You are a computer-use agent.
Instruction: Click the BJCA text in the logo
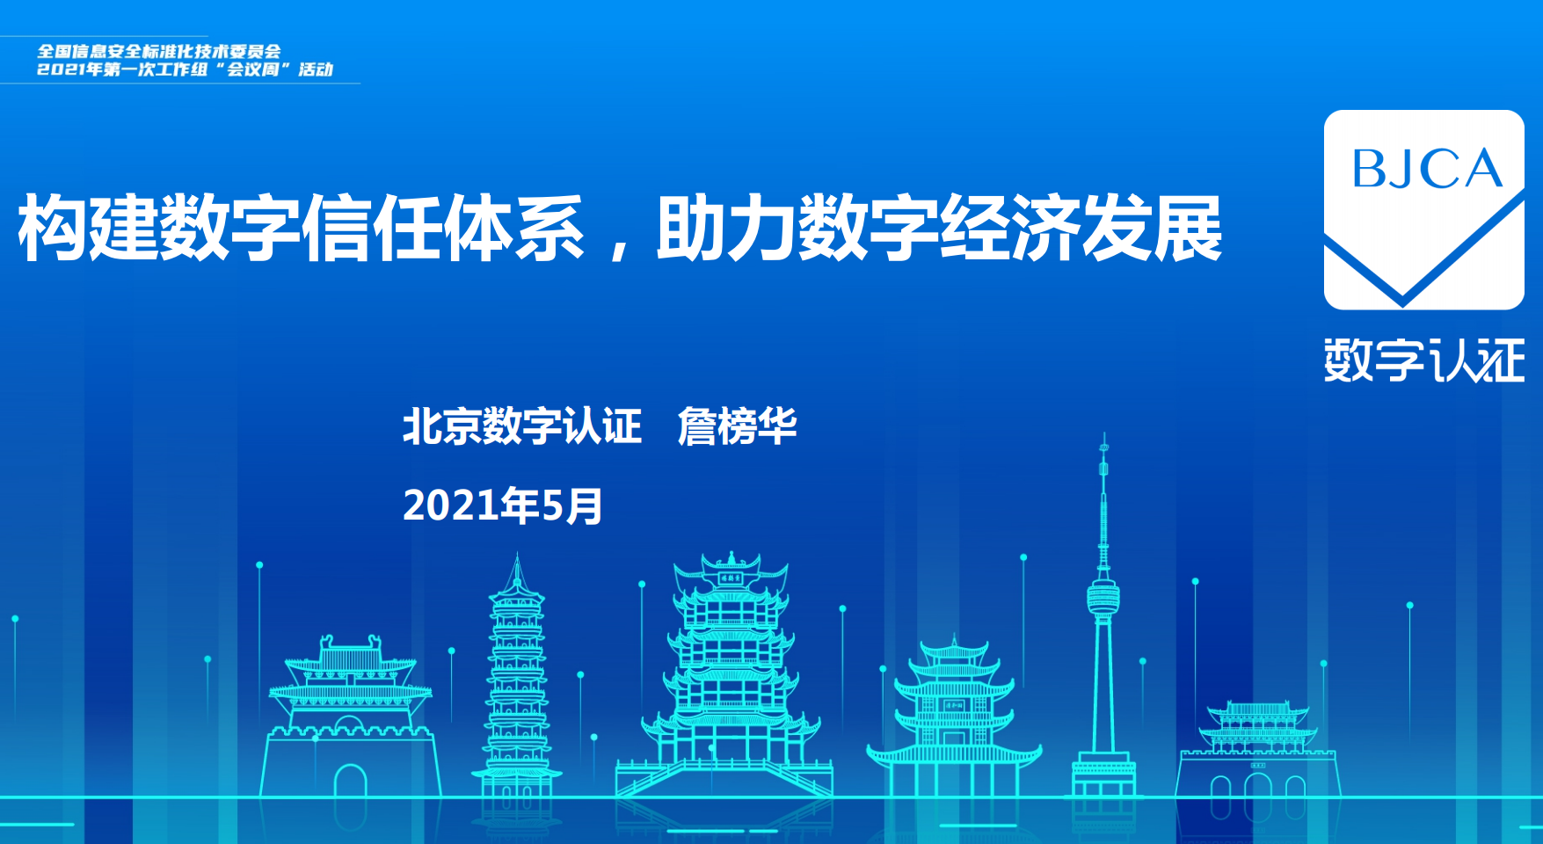tap(1426, 169)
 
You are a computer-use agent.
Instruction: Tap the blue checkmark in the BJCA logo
tap(1424, 264)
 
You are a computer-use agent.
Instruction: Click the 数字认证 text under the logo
tap(1424, 360)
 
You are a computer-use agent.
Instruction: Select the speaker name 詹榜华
tap(737, 426)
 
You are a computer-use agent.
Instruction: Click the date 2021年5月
tap(502, 506)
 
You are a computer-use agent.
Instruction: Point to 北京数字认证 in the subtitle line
tap(522, 426)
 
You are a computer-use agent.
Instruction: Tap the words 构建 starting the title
tap(88, 228)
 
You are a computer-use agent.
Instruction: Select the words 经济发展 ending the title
tap(1081, 228)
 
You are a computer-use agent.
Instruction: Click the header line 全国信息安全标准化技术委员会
tap(159, 51)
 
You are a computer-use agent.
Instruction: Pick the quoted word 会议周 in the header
tap(253, 69)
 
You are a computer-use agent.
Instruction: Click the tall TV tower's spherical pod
tap(1103, 598)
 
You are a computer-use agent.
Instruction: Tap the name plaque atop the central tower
tap(731, 578)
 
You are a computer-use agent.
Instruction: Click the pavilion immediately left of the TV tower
tap(954, 717)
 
